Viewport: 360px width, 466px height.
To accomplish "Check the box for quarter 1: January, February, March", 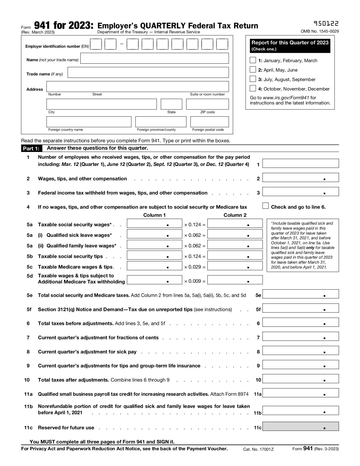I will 253,60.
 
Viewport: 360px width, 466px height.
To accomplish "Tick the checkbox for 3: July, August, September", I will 253,79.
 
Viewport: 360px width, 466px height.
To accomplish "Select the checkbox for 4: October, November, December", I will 253,88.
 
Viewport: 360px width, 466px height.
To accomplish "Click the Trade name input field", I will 148,73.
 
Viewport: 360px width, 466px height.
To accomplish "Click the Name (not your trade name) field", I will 154,58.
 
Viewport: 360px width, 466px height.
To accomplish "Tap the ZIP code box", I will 207,104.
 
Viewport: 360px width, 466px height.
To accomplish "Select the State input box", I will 171,104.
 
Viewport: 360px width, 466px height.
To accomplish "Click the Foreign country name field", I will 89,122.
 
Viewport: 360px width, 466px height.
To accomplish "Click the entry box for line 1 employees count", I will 300,163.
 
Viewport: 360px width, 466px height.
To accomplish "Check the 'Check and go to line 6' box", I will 266,206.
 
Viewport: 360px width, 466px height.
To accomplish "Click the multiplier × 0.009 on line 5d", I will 195,281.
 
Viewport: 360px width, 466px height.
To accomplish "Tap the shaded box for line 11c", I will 300,426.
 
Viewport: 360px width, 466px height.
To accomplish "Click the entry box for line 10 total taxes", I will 300,379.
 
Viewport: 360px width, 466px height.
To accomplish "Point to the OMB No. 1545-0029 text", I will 320,31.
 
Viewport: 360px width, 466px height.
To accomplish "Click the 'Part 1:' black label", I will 32,149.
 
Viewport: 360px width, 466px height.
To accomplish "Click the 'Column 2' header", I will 235,215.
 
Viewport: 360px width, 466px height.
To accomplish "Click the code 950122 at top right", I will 326,24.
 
